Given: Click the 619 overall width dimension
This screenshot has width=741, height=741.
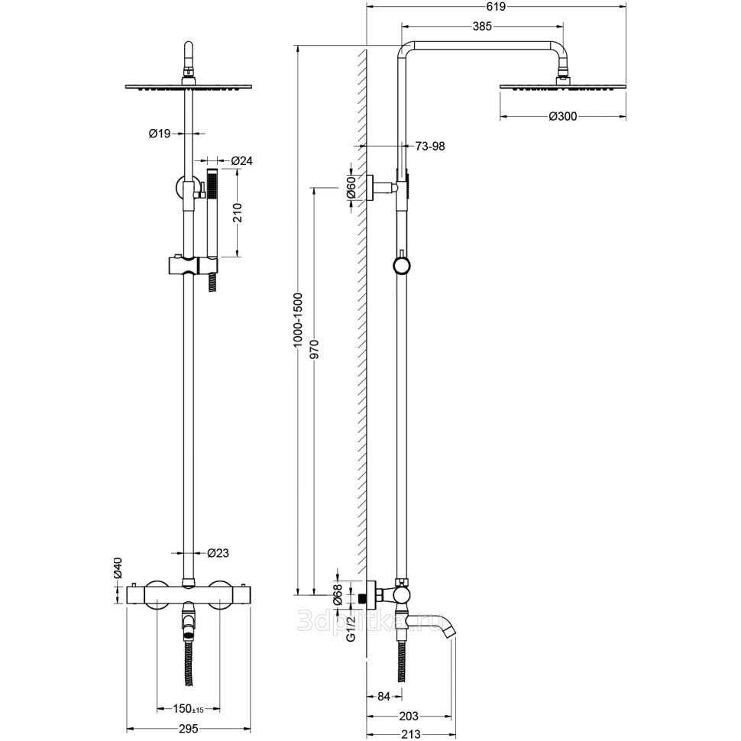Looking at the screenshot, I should [x=496, y=6].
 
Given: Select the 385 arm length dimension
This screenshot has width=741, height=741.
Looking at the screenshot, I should [x=481, y=25].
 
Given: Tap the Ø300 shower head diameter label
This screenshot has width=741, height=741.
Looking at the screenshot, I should [x=562, y=117].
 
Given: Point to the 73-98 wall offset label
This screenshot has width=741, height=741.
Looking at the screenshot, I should [x=430, y=146].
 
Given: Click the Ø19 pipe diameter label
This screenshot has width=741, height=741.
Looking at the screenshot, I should [x=159, y=134].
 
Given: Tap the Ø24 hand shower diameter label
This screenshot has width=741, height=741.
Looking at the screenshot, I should [x=242, y=160].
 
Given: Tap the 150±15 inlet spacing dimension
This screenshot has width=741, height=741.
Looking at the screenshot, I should [x=188, y=709].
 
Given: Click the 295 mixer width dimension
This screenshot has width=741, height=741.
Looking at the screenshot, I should [x=188, y=729].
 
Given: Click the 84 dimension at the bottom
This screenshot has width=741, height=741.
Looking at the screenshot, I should [x=383, y=696].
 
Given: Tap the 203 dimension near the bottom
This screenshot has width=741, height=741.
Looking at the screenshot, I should [x=409, y=716].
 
